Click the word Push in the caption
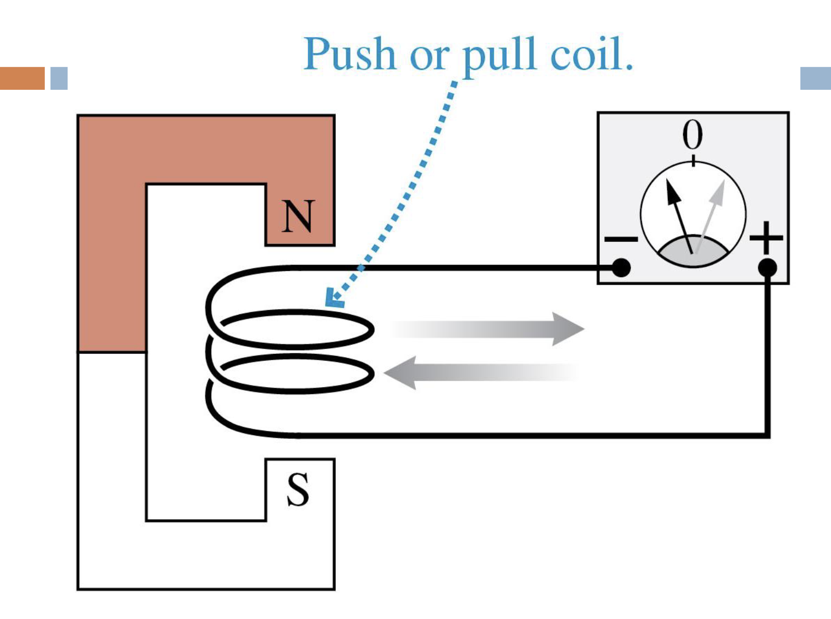(x=350, y=54)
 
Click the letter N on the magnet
(x=298, y=217)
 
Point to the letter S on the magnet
(x=298, y=490)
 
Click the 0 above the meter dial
(x=693, y=135)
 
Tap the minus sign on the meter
(x=621, y=240)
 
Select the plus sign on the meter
(x=766, y=238)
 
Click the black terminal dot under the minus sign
(x=621, y=268)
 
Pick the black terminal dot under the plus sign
(x=767, y=268)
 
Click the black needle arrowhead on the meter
(x=672, y=192)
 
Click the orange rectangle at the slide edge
(x=22, y=78)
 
